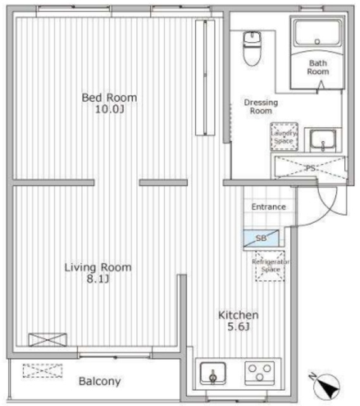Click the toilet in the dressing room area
point(252,48)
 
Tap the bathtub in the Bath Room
point(318,33)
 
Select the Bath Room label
point(318,67)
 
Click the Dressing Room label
point(260,107)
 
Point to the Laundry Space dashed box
point(284,136)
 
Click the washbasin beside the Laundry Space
point(323,140)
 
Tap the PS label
point(311,168)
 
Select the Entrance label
point(269,207)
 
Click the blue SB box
point(261,239)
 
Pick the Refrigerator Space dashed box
point(270,266)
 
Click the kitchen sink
point(213,374)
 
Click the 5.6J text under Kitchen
point(238,327)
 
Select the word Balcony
point(100,381)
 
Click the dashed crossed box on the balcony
point(42,370)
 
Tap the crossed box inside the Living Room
point(48,339)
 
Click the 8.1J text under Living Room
point(98,279)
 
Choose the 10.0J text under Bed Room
point(110,110)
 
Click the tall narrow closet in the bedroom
point(205,77)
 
